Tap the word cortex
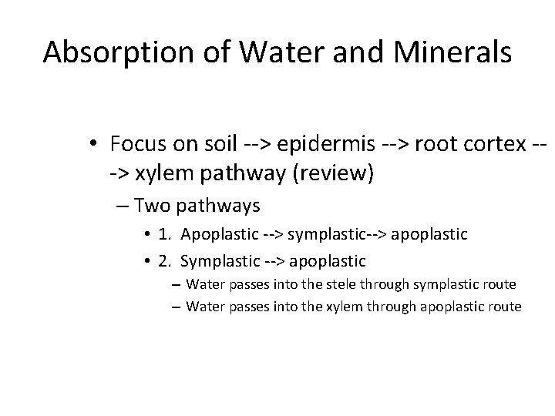(493, 144)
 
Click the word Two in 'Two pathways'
(152, 206)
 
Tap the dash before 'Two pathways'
(123, 206)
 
